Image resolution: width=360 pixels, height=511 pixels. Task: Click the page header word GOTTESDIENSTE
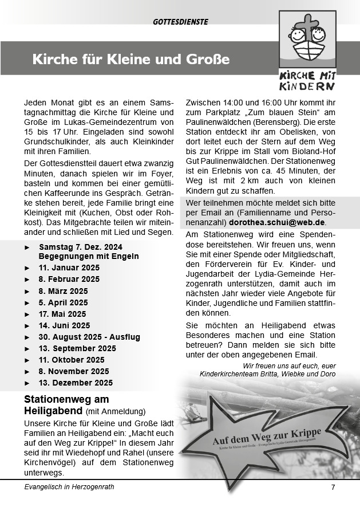(x=180, y=22)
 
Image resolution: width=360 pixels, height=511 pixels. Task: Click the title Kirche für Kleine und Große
(x=130, y=59)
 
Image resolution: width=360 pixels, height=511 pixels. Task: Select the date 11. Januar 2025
(x=69, y=268)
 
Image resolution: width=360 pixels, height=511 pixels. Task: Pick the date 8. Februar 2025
(x=69, y=279)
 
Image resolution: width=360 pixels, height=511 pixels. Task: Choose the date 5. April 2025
(x=64, y=302)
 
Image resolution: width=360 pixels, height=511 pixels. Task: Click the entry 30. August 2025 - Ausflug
(x=89, y=337)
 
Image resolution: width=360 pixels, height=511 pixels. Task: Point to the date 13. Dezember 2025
(x=76, y=383)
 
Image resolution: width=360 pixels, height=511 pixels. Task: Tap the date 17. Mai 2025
(x=62, y=314)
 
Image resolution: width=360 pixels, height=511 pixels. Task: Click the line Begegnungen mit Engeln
(x=89, y=256)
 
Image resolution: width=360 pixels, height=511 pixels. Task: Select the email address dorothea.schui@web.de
(x=276, y=222)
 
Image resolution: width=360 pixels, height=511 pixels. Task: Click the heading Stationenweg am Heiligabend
(x=66, y=404)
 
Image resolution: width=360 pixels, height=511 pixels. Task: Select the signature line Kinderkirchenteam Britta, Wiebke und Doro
(x=267, y=374)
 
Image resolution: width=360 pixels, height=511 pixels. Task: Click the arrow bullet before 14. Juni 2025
(x=27, y=325)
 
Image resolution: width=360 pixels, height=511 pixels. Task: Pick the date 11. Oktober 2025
(x=72, y=360)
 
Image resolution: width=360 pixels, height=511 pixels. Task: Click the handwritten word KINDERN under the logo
(x=307, y=87)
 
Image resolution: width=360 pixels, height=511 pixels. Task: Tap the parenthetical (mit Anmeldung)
(x=116, y=411)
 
